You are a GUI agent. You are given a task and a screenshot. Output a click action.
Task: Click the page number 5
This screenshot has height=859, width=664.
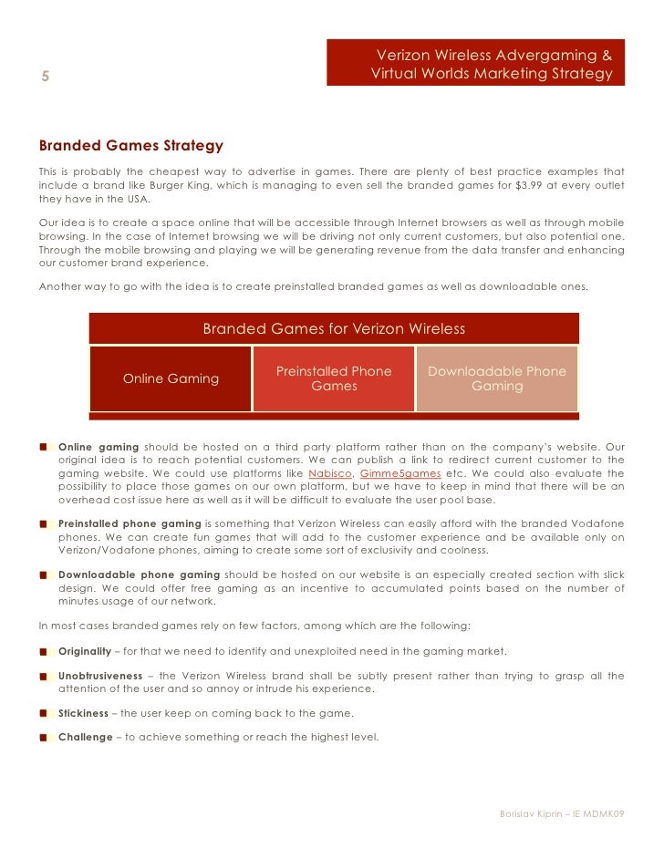point(44,77)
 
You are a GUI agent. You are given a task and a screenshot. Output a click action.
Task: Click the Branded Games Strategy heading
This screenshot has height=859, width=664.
point(130,146)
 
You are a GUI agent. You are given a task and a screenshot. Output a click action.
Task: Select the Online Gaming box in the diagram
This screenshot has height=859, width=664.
point(171,378)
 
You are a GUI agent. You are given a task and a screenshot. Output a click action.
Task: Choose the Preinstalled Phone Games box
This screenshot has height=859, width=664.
point(333,378)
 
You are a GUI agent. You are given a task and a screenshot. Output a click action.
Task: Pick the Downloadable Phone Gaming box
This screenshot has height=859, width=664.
point(497,378)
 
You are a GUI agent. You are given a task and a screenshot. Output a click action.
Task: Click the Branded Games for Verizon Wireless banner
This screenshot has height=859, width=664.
point(333,329)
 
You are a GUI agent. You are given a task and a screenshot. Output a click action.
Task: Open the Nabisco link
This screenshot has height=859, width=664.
point(329,474)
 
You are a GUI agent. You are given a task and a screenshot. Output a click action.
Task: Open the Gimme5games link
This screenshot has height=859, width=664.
point(400,474)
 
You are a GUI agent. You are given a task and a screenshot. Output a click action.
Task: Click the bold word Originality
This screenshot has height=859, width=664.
point(85,651)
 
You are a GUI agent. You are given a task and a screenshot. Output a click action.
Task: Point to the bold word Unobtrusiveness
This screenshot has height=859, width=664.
point(100,676)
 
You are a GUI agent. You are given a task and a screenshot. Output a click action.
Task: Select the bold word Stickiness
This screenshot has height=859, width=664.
point(83,713)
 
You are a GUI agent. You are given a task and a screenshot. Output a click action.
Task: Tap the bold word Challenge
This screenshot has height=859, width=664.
point(85,737)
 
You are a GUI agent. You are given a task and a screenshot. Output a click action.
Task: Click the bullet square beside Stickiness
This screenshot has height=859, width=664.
point(44,713)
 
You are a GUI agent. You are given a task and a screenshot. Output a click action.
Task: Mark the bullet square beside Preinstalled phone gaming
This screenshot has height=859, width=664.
point(44,524)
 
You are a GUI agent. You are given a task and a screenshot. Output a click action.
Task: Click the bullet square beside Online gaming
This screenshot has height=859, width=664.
point(44,447)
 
